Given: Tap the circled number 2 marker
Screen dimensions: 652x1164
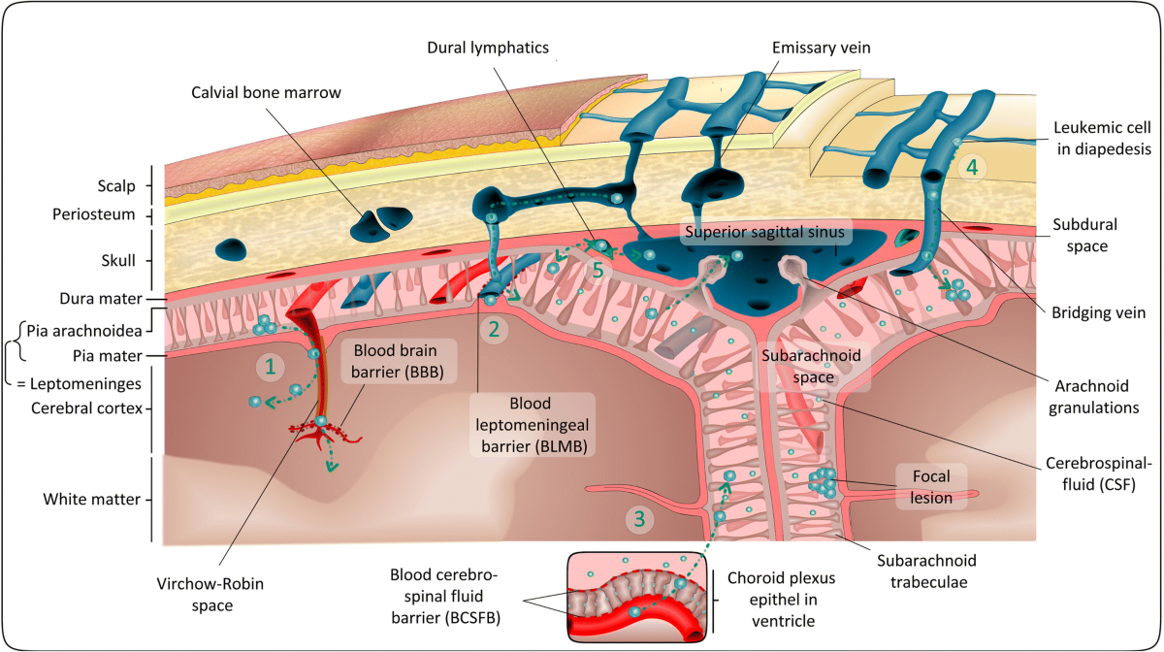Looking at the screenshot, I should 495,329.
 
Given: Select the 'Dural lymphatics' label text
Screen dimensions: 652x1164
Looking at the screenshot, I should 487,46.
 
